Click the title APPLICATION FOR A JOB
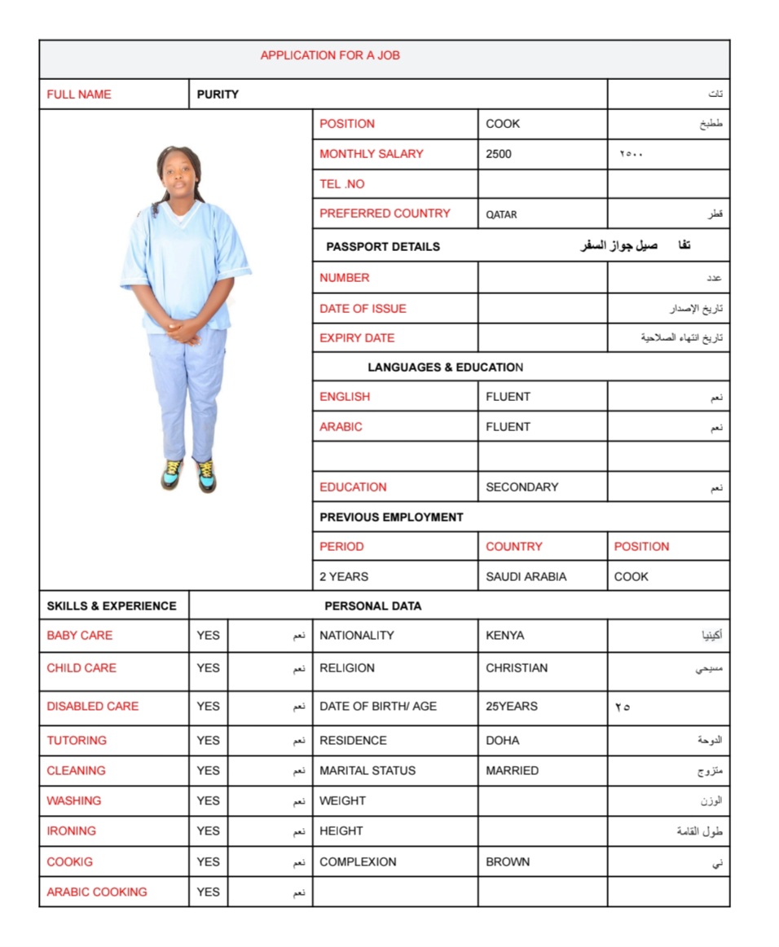[330, 55]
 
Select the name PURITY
[218, 95]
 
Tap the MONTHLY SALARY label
[372, 154]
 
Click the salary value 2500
[499, 154]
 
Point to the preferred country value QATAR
[501, 214]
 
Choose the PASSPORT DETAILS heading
[383, 246]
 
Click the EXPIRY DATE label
[357, 338]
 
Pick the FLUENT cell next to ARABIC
[508, 427]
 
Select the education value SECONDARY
[522, 487]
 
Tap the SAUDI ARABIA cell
[526, 577]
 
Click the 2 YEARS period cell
[344, 577]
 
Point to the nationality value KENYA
[505, 636]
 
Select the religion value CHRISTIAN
[517, 668]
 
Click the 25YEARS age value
[512, 707]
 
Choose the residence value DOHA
[503, 741]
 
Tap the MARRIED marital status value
[512, 771]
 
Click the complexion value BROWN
[508, 862]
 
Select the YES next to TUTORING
[208, 741]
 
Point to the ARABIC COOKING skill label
[97, 892]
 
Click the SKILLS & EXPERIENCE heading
[112, 606]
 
